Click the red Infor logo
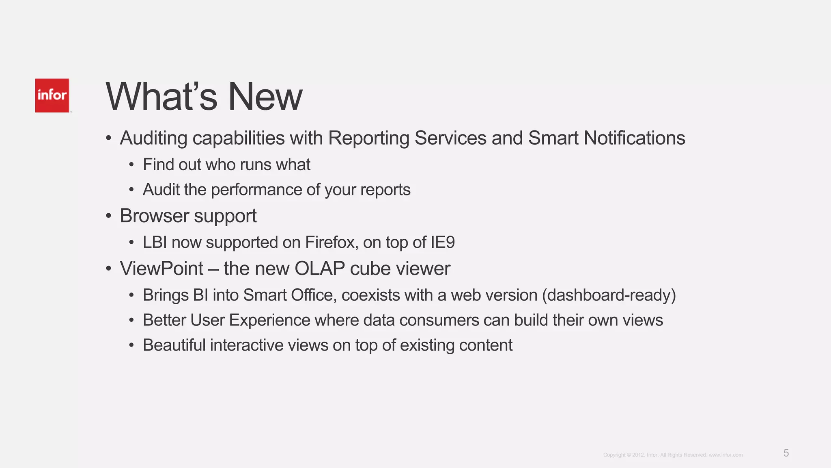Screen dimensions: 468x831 (x=52, y=95)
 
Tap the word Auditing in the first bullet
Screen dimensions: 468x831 (x=153, y=138)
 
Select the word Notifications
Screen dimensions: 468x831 (x=634, y=138)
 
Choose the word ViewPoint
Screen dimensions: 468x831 (x=161, y=269)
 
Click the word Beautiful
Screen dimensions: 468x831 (x=174, y=345)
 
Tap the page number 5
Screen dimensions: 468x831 (x=786, y=453)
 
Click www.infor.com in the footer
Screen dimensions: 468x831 (x=726, y=455)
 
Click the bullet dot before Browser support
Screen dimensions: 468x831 (x=108, y=216)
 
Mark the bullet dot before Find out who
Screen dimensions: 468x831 (x=131, y=165)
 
